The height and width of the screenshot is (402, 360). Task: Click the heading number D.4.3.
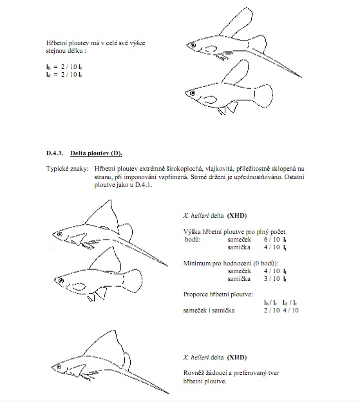55,153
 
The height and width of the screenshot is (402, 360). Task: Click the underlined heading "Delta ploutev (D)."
96,153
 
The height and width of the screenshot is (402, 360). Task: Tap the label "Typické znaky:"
67,169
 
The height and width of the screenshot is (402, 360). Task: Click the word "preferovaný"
250,373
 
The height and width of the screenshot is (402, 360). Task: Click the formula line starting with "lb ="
64,67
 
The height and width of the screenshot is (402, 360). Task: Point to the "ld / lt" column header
290,303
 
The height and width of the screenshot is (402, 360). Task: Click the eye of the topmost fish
193,45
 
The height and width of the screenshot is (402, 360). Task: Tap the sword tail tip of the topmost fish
301,77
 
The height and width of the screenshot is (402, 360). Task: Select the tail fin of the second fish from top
263,96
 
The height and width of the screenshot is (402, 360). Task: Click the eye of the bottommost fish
59,367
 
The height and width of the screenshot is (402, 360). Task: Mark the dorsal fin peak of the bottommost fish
115,330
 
